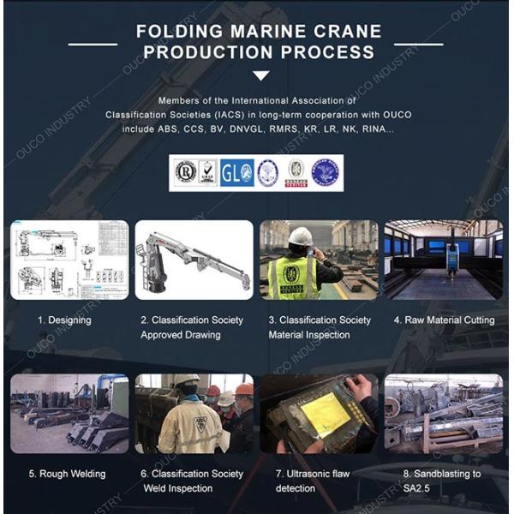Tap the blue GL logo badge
(236, 172)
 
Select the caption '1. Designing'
(64, 320)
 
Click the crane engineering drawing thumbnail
(69, 260)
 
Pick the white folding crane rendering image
(194, 260)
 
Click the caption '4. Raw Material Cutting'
(444, 320)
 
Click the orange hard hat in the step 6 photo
(244, 389)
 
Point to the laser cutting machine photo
(443, 260)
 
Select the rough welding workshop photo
(69, 414)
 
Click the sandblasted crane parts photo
(443, 414)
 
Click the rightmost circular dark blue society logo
(325, 172)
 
